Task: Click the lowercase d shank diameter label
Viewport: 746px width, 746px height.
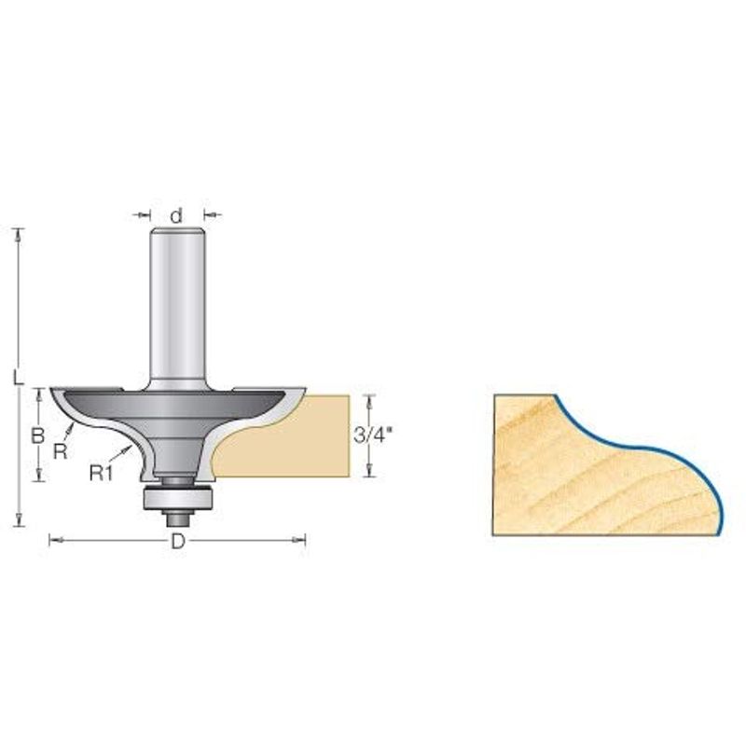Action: [176, 215]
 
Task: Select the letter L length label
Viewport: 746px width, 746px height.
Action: [18, 378]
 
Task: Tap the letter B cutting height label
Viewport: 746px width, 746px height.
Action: [37, 435]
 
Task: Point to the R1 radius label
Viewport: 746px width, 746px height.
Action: [101, 473]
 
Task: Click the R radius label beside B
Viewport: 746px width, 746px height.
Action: [61, 451]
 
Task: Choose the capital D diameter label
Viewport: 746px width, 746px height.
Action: [177, 541]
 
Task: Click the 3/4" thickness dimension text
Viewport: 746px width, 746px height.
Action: [372, 435]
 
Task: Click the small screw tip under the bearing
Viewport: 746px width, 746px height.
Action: [177, 518]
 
